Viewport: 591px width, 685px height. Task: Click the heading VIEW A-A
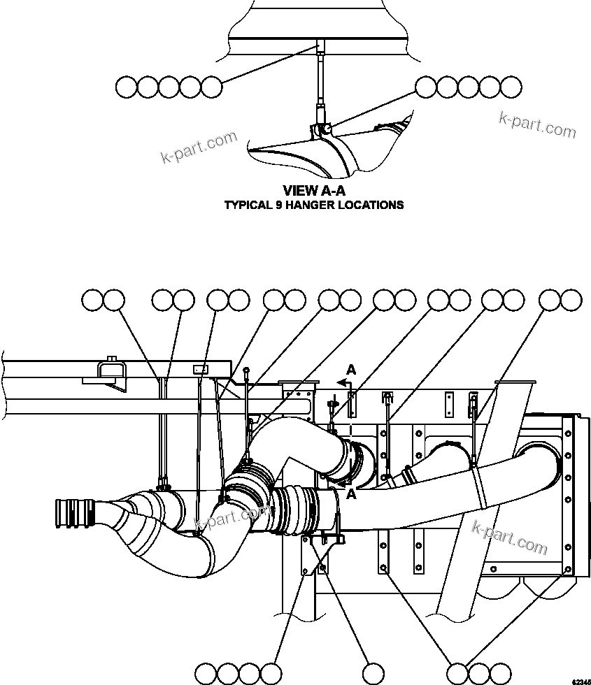313,190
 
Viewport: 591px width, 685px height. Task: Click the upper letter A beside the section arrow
352,370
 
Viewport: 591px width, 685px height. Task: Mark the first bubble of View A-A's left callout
126,87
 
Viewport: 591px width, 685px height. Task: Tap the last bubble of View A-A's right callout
511,87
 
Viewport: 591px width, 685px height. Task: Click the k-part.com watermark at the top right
537,126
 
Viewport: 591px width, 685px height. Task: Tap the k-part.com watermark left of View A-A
199,147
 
